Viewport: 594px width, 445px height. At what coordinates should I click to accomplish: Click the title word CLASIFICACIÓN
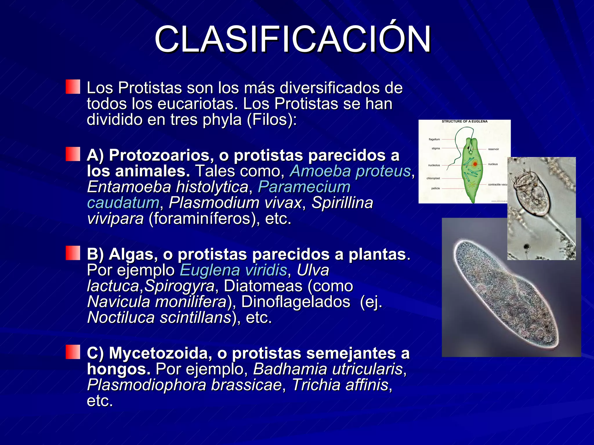(x=292, y=39)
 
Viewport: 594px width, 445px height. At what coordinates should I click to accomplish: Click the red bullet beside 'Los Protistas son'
(x=73, y=87)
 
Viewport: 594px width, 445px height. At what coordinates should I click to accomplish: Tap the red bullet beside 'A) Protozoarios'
(x=73, y=154)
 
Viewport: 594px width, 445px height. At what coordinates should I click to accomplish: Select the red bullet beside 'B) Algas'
(x=73, y=253)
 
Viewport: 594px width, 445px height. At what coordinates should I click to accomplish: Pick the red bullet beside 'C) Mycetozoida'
(x=73, y=352)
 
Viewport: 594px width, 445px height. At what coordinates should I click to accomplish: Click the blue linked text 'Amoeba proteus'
(x=350, y=171)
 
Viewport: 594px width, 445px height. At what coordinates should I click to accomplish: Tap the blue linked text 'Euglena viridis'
(x=233, y=270)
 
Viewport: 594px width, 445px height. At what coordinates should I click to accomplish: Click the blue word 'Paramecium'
(x=304, y=187)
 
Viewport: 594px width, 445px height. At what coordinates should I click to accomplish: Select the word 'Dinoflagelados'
(x=296, y=302)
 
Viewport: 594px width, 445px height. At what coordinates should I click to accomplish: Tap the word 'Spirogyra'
(x=179, y=286)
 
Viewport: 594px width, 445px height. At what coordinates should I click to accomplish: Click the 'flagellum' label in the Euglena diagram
(x=434, y=139)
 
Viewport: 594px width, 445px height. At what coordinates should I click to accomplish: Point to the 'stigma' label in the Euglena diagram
(x=436, y=148)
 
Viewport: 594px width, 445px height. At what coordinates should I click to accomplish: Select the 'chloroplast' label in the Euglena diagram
(x=433, y=178)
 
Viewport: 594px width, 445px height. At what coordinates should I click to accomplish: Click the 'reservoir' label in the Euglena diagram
(x=493, y=149)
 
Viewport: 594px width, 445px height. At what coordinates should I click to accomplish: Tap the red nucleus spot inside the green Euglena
(x=475, y=164)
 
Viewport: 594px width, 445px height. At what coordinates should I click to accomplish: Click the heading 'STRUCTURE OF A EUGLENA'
(x=464, y=121)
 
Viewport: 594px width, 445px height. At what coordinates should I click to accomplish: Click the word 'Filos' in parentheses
(x=271, y=120)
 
